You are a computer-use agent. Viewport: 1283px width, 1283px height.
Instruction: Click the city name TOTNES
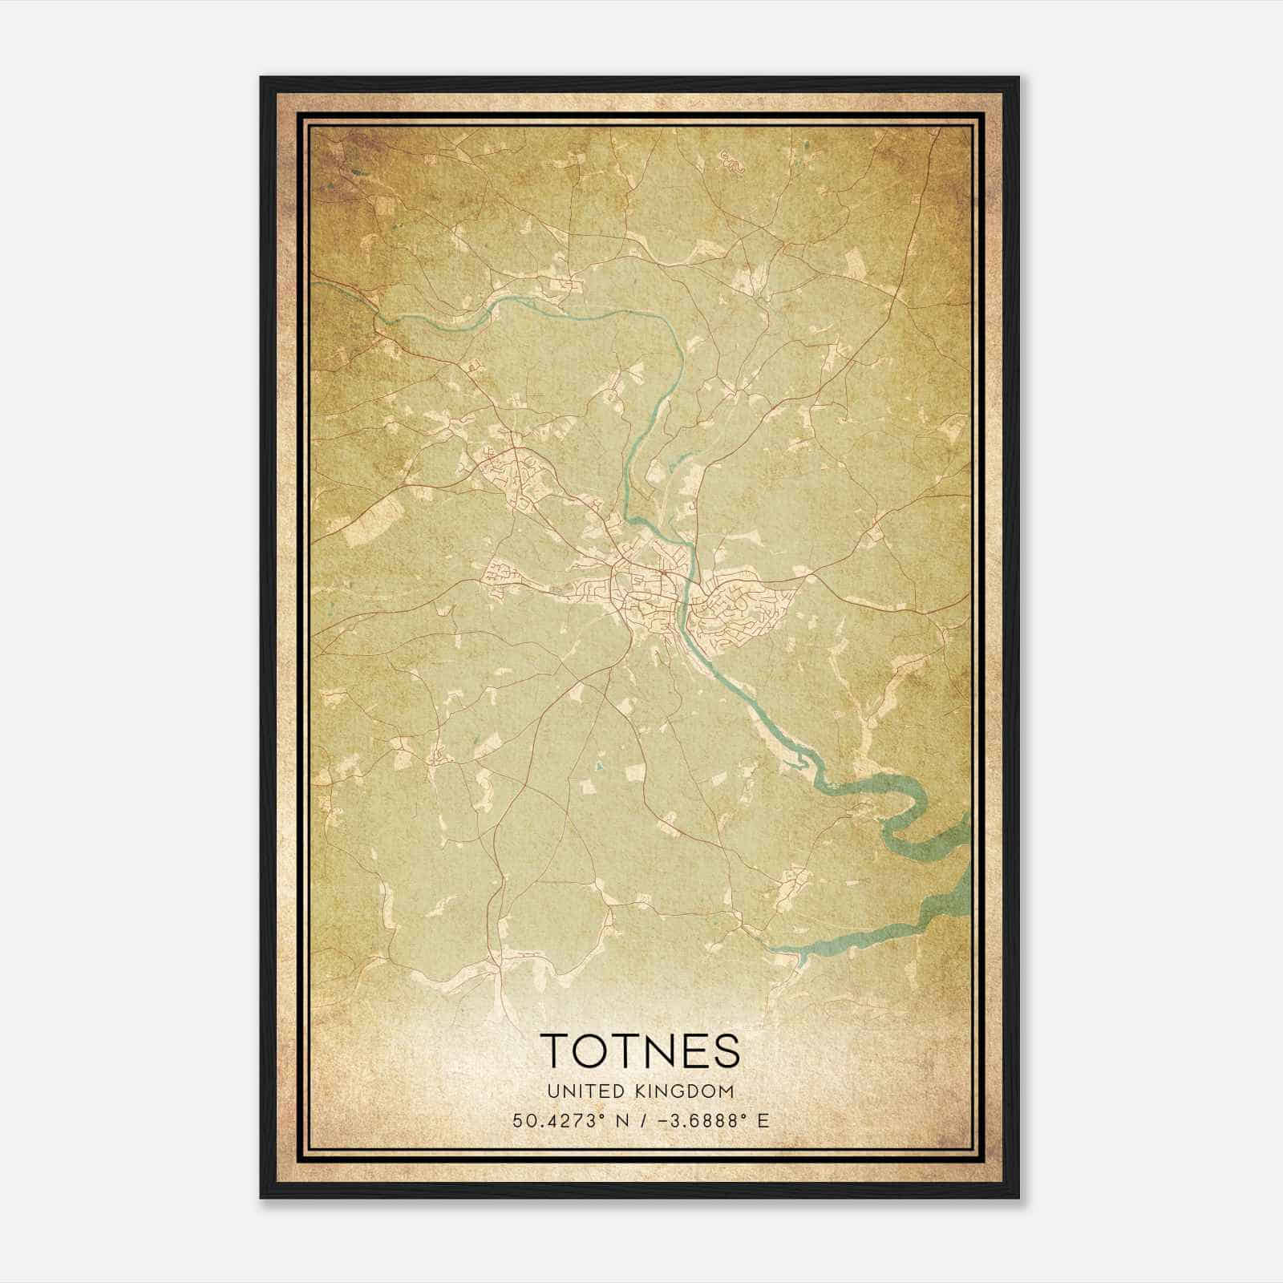coord(640,1051)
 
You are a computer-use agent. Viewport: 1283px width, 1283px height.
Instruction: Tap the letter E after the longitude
coord(763,1120)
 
